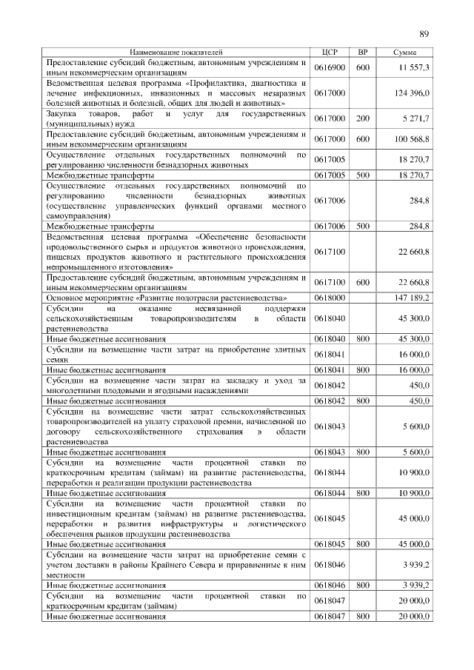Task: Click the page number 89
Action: (x=424, y=33)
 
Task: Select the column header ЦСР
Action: (x=330, y=53)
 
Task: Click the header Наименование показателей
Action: (x=176, y=53)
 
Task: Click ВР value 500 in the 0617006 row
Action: (x=363, y=225)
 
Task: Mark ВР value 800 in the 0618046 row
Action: (x=363, y=584)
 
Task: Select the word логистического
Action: (x=271, y=523)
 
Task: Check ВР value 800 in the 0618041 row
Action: (x=363, y=369)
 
